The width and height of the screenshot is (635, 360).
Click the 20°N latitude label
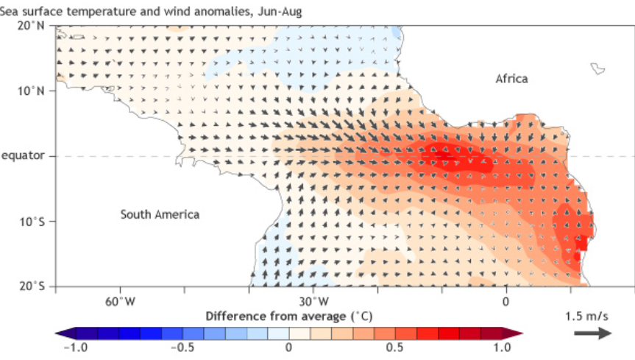(x=31, y=26)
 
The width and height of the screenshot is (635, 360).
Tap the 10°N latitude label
(x=31, y=91)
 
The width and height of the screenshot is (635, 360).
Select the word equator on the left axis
(x=23, y=155)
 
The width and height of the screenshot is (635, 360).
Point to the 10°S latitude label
(x=32, y=222)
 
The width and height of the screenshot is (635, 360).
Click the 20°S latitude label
(x=32, y=286)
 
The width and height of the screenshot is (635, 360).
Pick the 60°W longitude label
(x=120, y=302)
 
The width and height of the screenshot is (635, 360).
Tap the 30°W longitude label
(x=314, y=302)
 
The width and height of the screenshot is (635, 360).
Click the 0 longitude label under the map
(x=505, y=302)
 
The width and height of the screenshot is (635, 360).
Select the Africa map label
(x=511, y=78)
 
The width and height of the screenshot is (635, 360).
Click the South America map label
(x=160, y=214)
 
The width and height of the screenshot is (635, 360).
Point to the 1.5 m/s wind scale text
(x=587, y=316)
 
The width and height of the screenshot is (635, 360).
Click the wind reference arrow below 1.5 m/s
(x=593, y=333)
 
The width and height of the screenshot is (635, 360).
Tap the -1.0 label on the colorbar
(x=76, y=347)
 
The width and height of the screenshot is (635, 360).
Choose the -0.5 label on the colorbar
(x=182, y=347)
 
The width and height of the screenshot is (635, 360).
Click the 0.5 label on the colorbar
(x=395, y=347)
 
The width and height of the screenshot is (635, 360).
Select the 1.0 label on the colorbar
(x=502, y=347)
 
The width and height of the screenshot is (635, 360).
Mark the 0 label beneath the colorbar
(x=288, y=347)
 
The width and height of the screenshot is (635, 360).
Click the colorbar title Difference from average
(x=276, y=317)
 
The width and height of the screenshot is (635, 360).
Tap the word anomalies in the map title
(x=219, y=11)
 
